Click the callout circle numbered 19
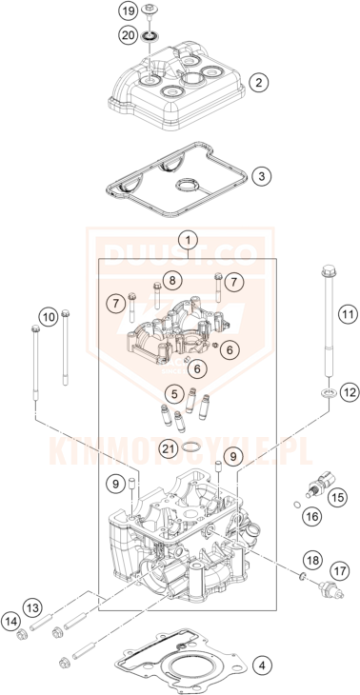(129, 11)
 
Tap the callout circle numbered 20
(129, 35)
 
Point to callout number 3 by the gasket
(261, 176)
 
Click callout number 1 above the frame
(188, 241)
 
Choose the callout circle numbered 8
(171, 281)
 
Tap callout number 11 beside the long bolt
(348, 315)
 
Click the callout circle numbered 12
(348, 392)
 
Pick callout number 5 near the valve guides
(174, 393)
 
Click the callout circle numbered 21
(169, 449)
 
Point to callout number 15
(338, 498)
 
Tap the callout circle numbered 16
(312, 516)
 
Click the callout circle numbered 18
(313, 561)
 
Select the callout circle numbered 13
(33, 606)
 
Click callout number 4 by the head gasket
(262, 665)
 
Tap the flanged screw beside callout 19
(149, 12)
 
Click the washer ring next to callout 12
(328, 392)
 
